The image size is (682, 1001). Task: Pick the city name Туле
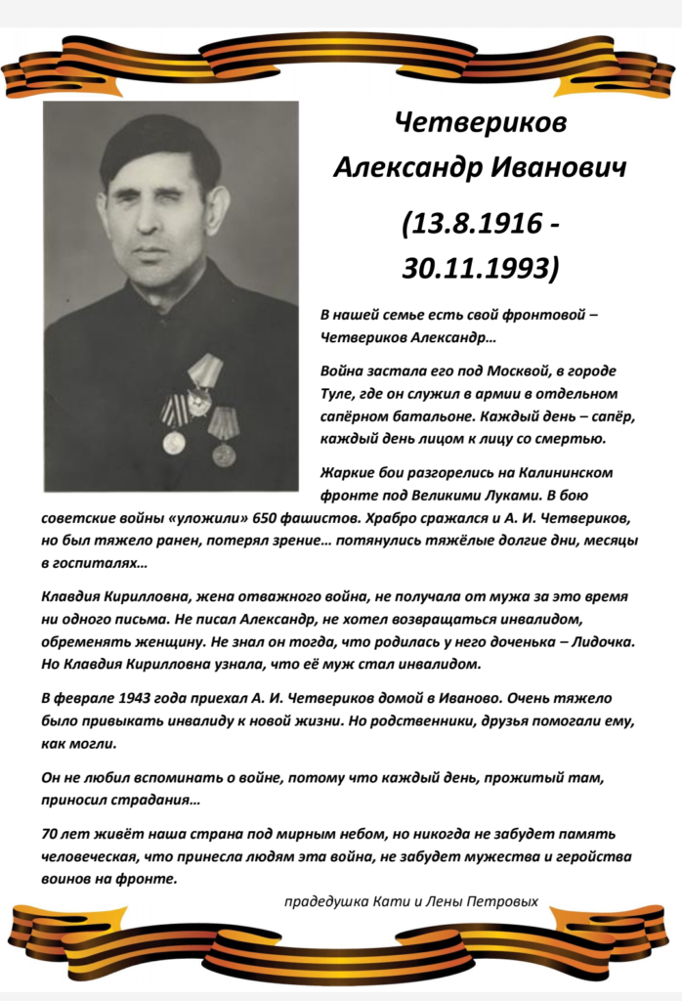click(x=339, y=394)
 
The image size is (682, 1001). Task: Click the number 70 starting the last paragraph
click(x=52, y=834)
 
